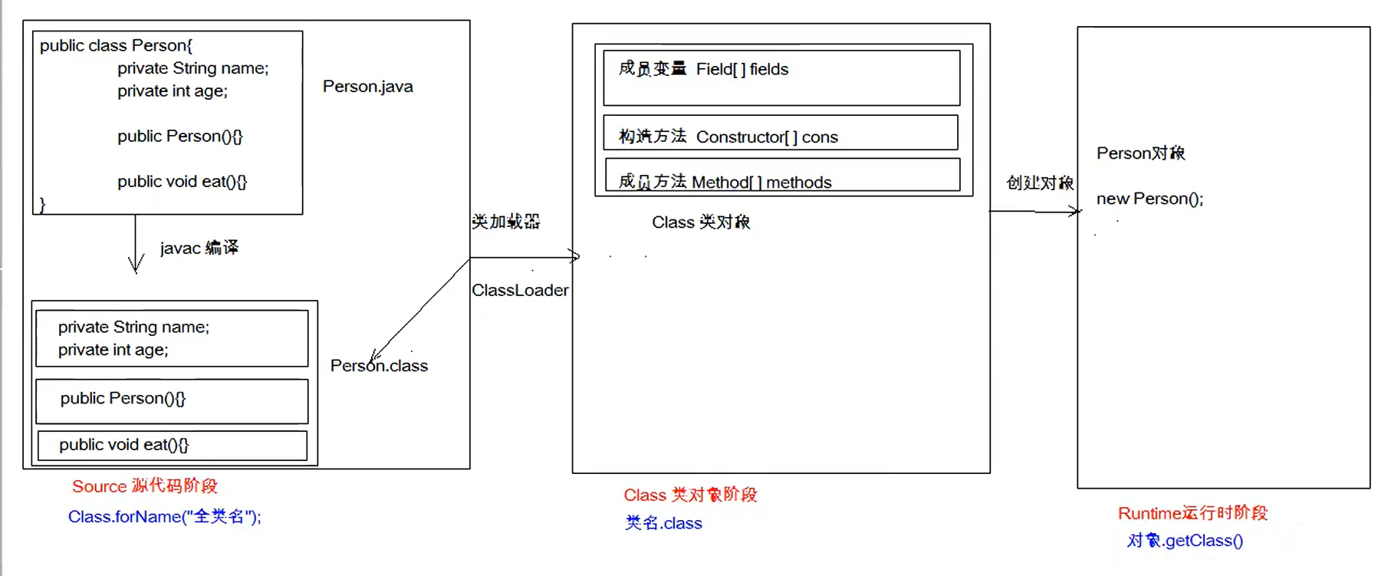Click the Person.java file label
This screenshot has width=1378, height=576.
tap(367, 87)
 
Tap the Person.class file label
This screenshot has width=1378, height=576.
tap(379, 366)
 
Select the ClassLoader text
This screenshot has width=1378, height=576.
tap(520, 290)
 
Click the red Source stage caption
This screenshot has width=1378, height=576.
tap(144, 485)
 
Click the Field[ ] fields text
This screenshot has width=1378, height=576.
tap(742, 69)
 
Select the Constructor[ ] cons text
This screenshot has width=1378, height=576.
tap(766, 137)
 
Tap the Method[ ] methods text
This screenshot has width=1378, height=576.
tap(761, 182)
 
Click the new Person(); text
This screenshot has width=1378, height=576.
tap(1149, 199)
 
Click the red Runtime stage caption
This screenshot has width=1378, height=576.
tap(1192, 513)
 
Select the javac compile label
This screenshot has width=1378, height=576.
tap(199, 248)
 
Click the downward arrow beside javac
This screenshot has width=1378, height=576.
tap(136, 245)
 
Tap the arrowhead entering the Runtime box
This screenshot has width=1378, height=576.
tap(1075, 211)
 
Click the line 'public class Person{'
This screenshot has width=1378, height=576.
tap(116, 45)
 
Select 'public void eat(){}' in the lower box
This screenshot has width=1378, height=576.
tap(123, 445)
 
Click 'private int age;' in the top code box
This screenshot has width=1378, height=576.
tap(172, 91)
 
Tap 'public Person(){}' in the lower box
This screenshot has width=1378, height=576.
tap(123, 398)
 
